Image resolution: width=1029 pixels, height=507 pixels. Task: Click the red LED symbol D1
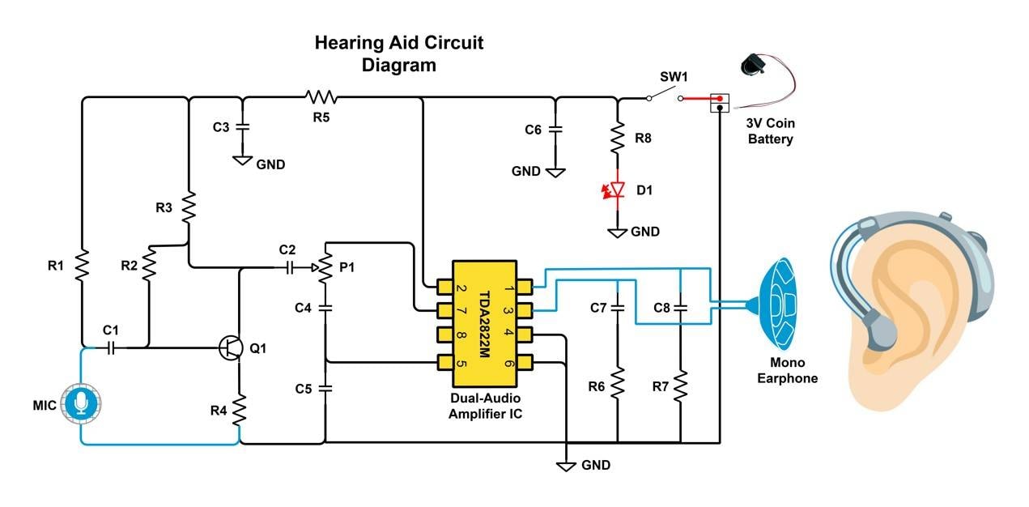(x=617, y=190)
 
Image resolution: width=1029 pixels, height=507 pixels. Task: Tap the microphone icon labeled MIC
(x=81, y=403)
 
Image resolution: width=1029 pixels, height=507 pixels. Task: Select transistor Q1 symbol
(x=232, y=347)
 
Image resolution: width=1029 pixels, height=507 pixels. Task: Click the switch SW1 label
(x=674, y=77)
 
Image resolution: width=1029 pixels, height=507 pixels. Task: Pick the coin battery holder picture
(x=758, y=66)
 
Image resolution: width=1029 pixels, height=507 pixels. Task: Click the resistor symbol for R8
(x=617, y=138)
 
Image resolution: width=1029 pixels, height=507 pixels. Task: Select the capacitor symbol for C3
(x=244, y=126)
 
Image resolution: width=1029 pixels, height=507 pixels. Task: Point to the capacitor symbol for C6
(x=555, y=129)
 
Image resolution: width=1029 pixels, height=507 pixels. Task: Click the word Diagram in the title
(x=398, y=66)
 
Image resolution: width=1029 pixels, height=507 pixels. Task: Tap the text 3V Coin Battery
(x=769, y=131)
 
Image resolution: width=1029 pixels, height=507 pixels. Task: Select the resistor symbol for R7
(x=680, y=386)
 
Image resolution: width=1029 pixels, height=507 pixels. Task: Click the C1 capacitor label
(x=110, y=330)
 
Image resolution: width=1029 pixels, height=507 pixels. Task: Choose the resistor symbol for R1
(x=82, y=266)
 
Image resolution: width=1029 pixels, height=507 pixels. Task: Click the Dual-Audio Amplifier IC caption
(x=484, y=406)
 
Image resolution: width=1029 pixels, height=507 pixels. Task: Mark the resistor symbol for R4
(x=240, y=410)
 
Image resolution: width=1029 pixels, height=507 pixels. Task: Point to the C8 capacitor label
(x=661, y=308)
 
